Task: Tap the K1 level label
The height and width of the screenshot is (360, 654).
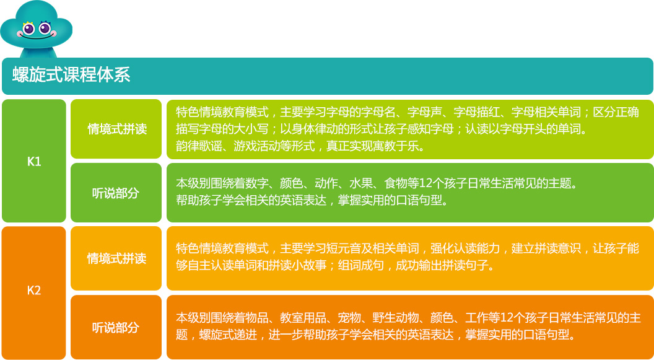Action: click(x=34, y=162)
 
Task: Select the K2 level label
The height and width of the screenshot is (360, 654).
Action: click(x=34, y=291)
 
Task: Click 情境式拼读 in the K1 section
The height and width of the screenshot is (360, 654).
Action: click(x=117, y=129)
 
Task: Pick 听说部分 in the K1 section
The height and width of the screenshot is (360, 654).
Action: click(x=115, y=193)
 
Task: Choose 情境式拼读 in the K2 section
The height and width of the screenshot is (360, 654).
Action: click(x=117, y=258)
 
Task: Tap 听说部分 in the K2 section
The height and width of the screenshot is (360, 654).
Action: click(x=115, y=327)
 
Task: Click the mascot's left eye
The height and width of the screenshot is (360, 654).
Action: click(x=28, y=29)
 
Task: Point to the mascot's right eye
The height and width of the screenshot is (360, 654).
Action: click(x=45, y=29)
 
